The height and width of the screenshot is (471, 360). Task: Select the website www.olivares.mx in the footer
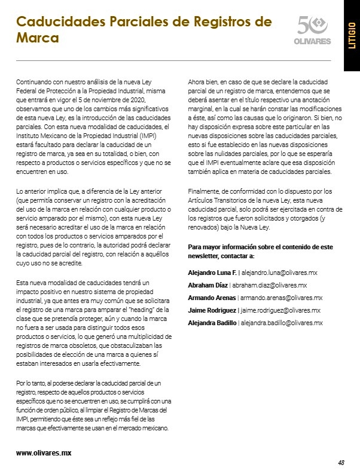click(x=44, y=452)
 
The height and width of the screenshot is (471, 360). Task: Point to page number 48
click(x=341, y=462)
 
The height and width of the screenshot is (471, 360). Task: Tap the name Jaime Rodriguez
click(x=212, y=310)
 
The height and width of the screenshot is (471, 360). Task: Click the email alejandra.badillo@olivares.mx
click(x=281, y=323)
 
